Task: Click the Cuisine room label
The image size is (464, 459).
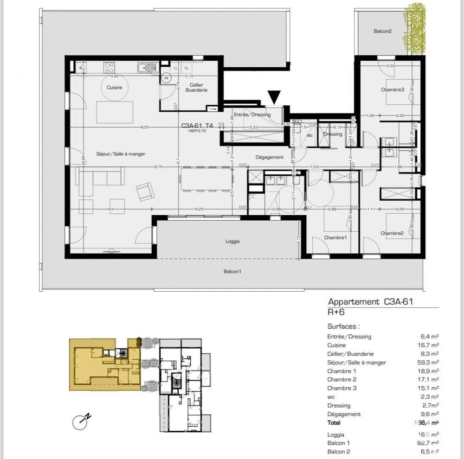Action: tap(114, 87)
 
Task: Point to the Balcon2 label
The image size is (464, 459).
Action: tap(383, 32)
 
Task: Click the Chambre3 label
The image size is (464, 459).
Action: tap(393, 89)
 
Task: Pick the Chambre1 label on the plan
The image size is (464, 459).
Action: tap(335, 237)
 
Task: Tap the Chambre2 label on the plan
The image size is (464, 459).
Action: tap(392, 233)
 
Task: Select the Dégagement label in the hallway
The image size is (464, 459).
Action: tap(269, 157)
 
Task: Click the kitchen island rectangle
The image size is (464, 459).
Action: tap(115, 112)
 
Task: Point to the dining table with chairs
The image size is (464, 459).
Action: tap(206, 178)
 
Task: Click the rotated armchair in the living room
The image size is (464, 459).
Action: tap(145, 191)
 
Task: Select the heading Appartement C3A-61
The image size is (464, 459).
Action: tap(370, 302)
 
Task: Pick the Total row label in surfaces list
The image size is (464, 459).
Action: tap(334, 422)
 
